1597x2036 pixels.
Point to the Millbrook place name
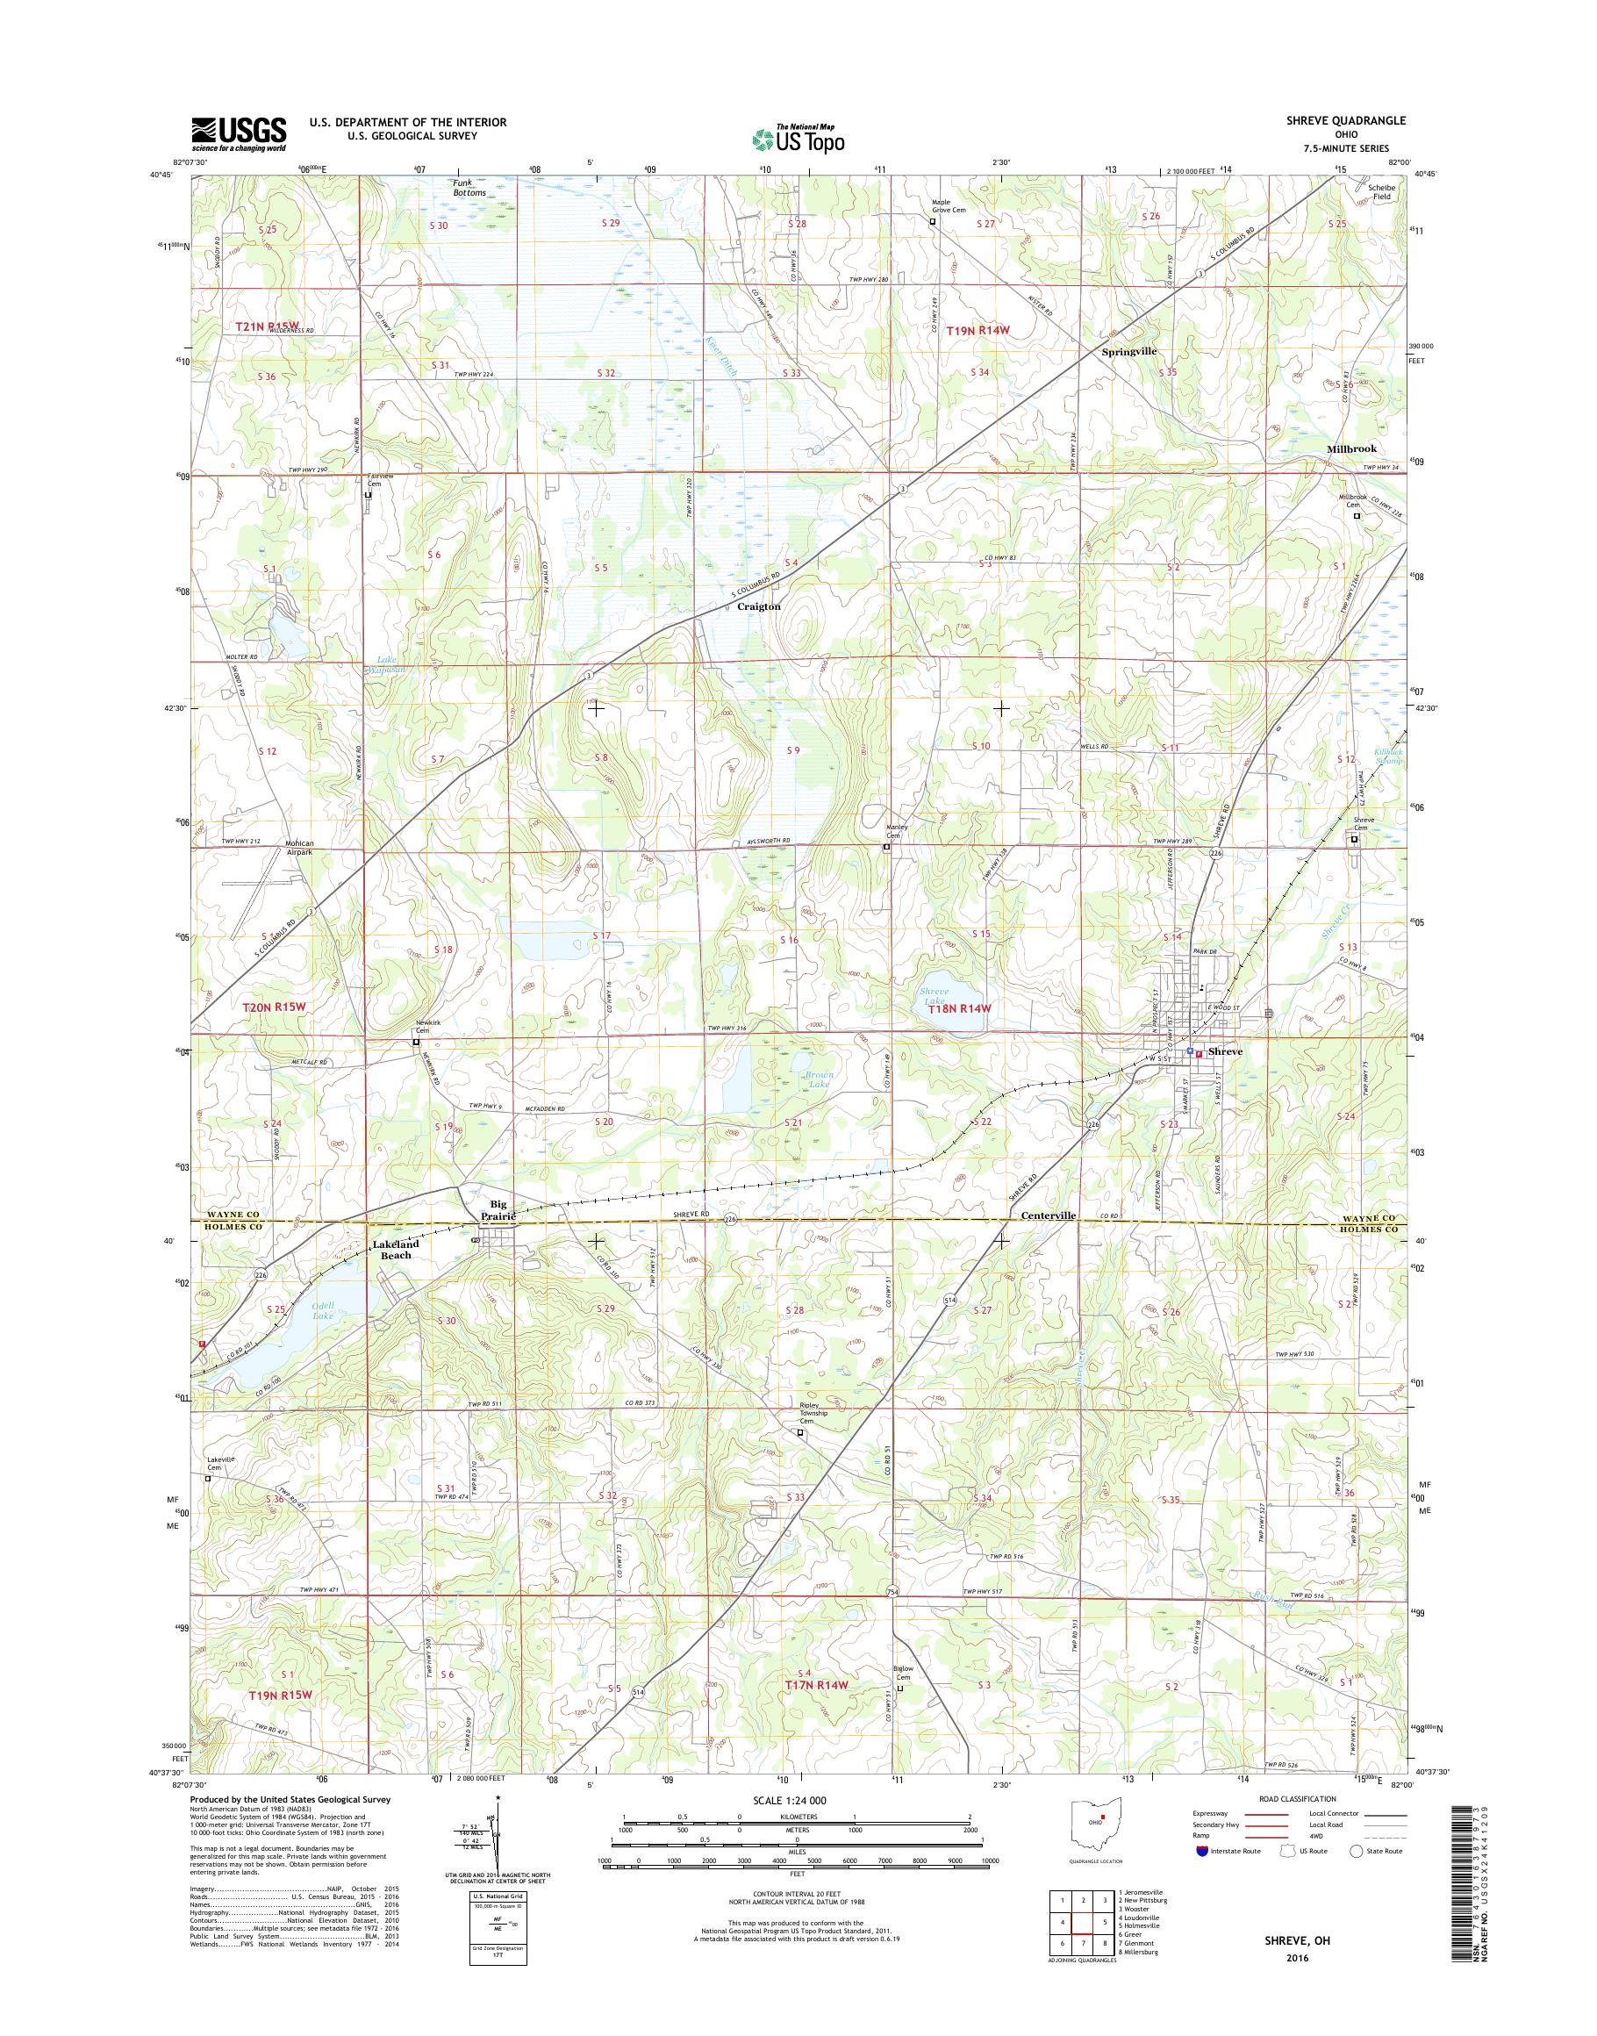(x=1351, y=449)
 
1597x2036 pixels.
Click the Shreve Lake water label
(x=931, y=996)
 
